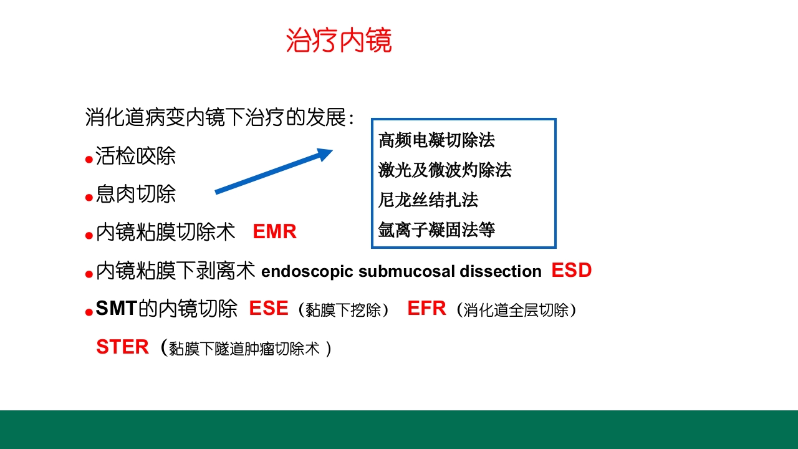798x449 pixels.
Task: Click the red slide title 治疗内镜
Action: (x=339, y=41)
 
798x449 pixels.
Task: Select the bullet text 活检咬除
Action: (x=135, y=156)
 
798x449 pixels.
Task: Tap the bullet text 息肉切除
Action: (x=135, y=194)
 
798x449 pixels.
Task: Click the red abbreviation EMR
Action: (x=274, y=232)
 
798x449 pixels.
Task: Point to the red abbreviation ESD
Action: (x=571, y=271)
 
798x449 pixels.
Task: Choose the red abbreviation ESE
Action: (x=269, y=309)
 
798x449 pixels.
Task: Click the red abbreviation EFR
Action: (x=426, y=309)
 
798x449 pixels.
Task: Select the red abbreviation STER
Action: (x=122, y=347)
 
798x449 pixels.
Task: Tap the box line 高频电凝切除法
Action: (x=436, y=140)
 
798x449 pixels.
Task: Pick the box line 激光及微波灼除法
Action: (x=445, y=170)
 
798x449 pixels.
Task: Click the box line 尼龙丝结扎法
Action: (x=428, y=200)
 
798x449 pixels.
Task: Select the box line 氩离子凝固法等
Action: (x=436, y=230)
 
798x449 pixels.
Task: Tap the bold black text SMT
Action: (x=116, y=309)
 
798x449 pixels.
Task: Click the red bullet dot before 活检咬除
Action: (x=89, y=160)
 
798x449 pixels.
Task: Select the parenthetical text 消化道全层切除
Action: (x=516, y=310)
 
